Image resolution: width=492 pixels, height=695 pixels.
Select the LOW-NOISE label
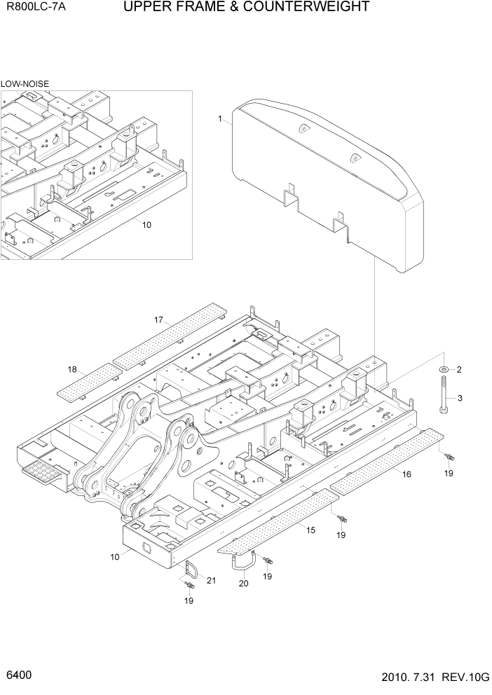pyautogui.click(x=25, y=83)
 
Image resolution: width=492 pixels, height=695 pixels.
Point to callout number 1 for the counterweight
pyautogui.click(x=219, y=120)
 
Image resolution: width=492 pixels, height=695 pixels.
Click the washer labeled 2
pyautogui.click(x=443, y=369)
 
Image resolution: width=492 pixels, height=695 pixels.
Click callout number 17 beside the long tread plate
pyautogui.click(x=159, y=320)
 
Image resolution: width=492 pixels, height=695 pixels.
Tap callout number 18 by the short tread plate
pyautogui.click(x=72, y=369)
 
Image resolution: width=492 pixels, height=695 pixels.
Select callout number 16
pyautogui.click(x=406, y=474)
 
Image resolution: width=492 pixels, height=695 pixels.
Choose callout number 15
pyautogui.click(x=310, y=530)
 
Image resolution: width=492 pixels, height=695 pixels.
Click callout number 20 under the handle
pyautogui.click(x=243, y=583)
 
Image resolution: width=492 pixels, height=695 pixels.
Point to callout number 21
pyautogui.click(x=211, y=579)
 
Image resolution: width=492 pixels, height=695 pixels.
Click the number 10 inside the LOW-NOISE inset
pyautogui.click(x=146, y=225)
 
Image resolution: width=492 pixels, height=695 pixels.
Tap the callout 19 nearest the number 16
pyautogui.click(x=449, y=473)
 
